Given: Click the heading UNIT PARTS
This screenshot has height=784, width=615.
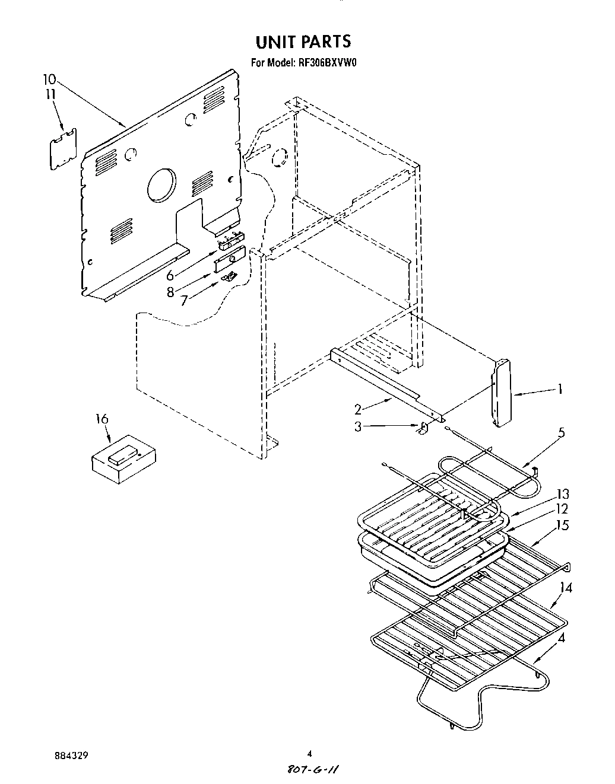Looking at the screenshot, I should pyautogui.click(x=303, y=41).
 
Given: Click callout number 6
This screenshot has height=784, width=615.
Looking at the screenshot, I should pyautogui.click(x=170, y=275).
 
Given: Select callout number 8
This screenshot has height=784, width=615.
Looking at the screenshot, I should pyautogui.click(x=170, y=292).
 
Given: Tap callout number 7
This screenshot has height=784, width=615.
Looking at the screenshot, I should pyautogui.click(x=184, y=300).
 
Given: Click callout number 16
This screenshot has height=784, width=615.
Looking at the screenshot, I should pyautogui.click(x=102, y=419).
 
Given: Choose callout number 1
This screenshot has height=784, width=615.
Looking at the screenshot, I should pyautogui.click(x=559, y=389).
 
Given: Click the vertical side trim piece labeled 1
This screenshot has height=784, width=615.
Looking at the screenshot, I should pyautogui.click(x=502, y=392).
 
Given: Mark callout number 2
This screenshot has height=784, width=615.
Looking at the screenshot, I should pyautogui.click(x=358, y=409).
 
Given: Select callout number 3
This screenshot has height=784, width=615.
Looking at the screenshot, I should pyautogui.click(x=358, y=426).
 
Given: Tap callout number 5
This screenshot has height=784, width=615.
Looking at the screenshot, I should pyautogui.click(x=561, y=432).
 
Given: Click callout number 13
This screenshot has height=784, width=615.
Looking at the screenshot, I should pyautogui.click(x=562, y=494).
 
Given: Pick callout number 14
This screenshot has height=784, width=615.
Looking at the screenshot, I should pyautogui.click(x=565, y=588).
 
